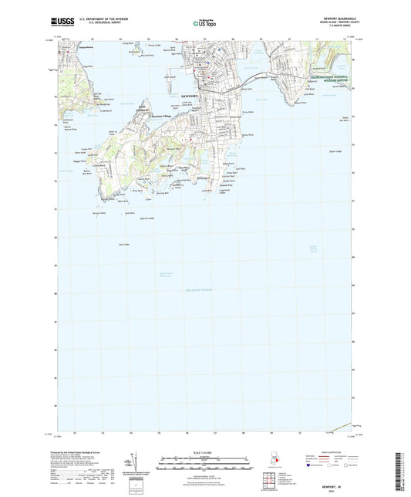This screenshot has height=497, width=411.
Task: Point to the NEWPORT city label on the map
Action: [189, 96]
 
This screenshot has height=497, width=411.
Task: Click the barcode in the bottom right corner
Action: [403, 467]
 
